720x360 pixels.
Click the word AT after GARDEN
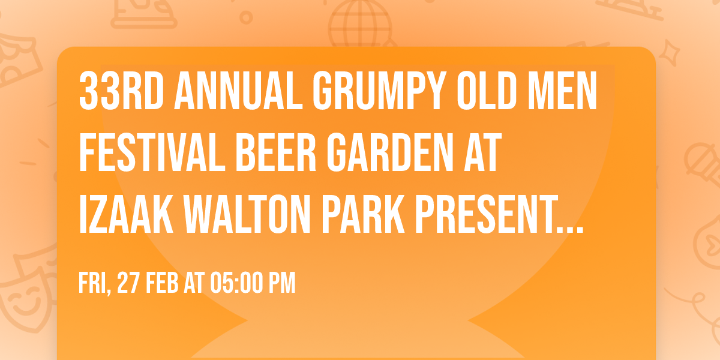pyautogui.click(x=479, y=155)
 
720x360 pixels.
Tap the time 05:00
pyautogui.click(x=234, y=283)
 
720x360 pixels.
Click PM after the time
pyautogui.click(x=282, y=283)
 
